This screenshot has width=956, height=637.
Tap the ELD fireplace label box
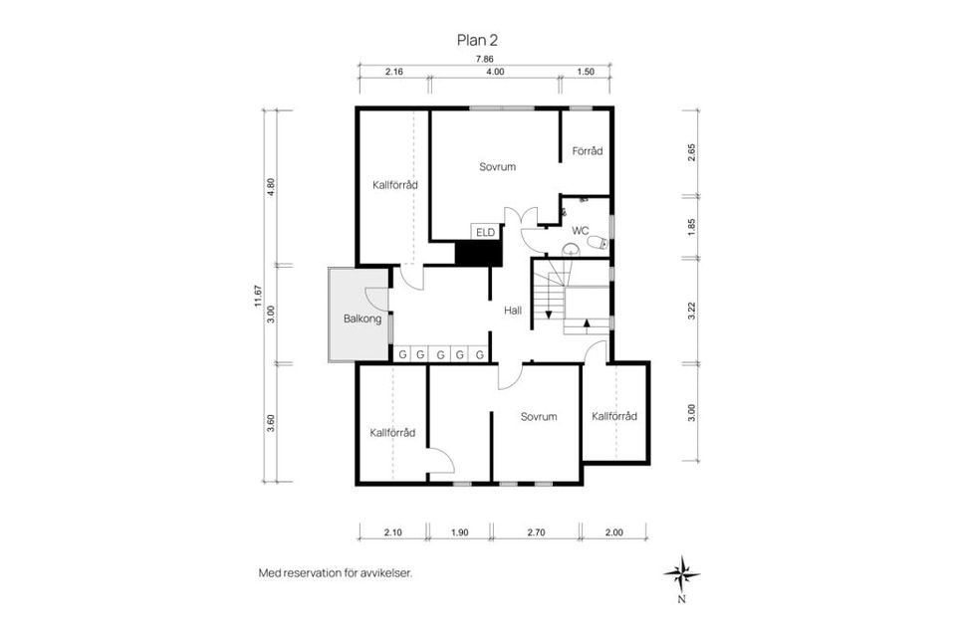(x=485, y=233)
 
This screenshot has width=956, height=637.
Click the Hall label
(x=513, y=311)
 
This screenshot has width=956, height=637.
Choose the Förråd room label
(x=587, y=151)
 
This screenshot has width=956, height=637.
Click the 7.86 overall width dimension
(x=483, y=60)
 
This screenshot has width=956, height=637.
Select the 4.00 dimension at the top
(x=495, y=73)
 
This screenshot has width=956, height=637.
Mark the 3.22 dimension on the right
(x=693, y=309)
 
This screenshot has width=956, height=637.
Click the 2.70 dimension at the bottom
(x=537, y=532)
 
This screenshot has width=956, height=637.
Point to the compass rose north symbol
(x=682, y=573)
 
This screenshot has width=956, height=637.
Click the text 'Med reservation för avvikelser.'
(x=335, y=573)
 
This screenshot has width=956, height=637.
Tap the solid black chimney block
(x=475, y=253)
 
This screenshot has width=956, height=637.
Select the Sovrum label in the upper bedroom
(x=497, y=166)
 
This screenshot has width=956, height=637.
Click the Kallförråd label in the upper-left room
(x=394, y=184)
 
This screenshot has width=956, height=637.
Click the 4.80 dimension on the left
(x=271, y=187)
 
